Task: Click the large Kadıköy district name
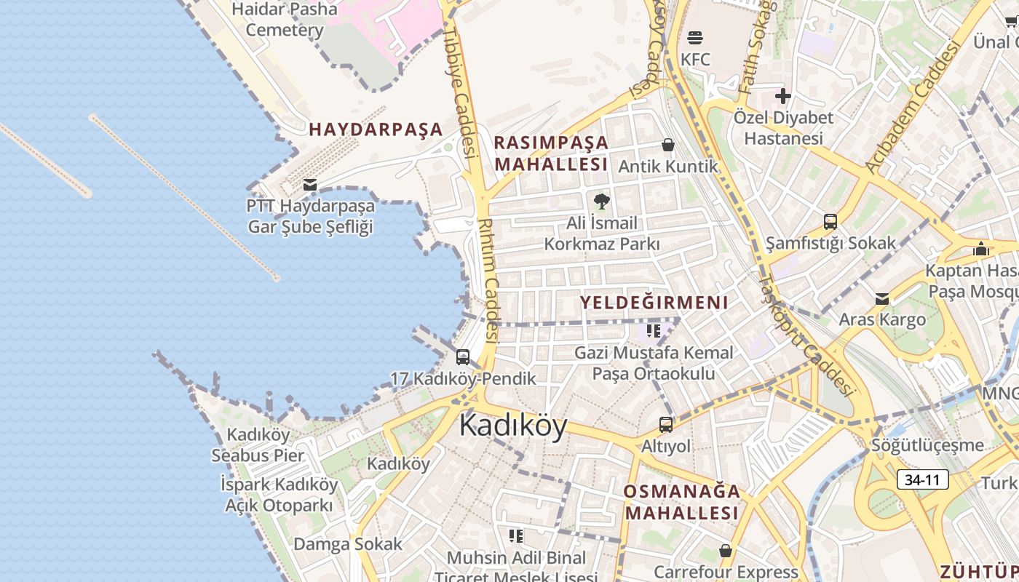pyautogui.click(x=513, y=426)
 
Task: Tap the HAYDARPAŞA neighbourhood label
pyautogui.click(x=376, y=129)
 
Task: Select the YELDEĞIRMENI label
pyautogui.click(x=654, y=303)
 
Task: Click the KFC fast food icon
pyautogui.click(x=695, y=38)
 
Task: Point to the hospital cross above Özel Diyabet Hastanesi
pyautogui.click(x=783, y=95)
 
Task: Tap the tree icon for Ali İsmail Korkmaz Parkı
pyautogui.click(x=601, y=201)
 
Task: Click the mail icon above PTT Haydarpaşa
pyautogui.click(x=310, y=185)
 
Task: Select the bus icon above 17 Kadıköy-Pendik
pyautogui.click(x=463, y=357)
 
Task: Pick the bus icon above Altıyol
pyautogui.click(x=666, y=425)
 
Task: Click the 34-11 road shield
pyautogui.click(x=923, y=480)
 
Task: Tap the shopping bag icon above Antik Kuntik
pyautogui.click(x=667, y=145)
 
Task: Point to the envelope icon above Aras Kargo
pyautogui.click(x=882, y=299)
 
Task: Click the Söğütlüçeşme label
pyautogui.click(x=927, y=445)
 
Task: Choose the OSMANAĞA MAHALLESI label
pyautogui.click(x=681, y=502)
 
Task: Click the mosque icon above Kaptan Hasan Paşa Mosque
pyautogui.click(x=980, y=249)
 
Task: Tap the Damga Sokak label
pyautogui.click(x=347, y=544)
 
